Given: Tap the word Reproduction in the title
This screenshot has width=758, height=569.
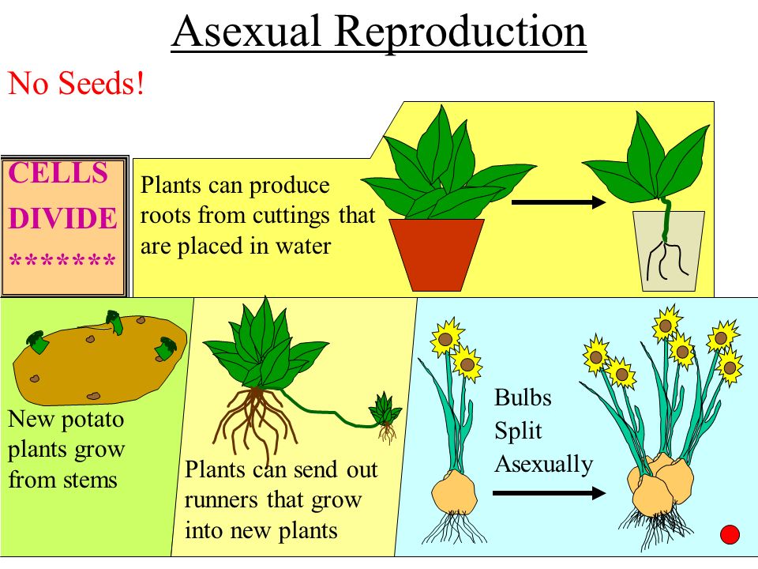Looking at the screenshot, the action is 460,33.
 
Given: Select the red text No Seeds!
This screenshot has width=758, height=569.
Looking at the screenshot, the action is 76,83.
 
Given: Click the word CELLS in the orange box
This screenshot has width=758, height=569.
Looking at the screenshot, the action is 58,172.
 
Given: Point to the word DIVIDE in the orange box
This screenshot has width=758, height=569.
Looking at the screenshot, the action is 63,218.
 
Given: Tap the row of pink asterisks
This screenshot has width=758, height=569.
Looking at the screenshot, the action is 62,260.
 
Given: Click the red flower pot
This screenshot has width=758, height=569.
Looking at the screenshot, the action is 437,254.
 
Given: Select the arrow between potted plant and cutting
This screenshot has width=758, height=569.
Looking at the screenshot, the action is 558,202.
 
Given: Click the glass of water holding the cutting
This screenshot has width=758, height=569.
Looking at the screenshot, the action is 669,251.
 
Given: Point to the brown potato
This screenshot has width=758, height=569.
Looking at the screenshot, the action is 99,360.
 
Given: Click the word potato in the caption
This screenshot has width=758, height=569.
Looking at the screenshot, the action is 93,420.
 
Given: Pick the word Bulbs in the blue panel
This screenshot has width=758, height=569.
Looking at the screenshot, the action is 523,398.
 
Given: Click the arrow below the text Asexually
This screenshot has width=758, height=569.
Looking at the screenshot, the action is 550,493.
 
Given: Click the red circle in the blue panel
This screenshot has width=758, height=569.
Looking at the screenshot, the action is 730,535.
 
